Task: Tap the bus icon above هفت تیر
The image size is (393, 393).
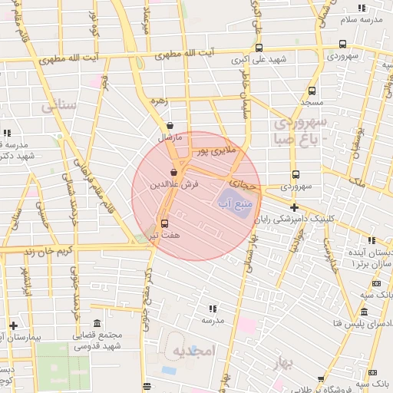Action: tap(163, 224)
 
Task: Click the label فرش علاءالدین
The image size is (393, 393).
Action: tap(174, 185)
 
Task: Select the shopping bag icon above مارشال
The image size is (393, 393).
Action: tap(169, 127)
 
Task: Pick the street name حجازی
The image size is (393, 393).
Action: tap(245, 184)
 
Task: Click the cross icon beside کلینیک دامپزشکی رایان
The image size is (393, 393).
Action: tap(294, 207)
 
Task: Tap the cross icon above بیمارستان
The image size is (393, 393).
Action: tap(13, 325)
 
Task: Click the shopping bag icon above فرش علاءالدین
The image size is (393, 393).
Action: tap(174, 173)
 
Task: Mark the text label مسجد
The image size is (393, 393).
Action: tap(310, 102)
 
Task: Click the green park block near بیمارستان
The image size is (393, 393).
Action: tap(61, 368)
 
